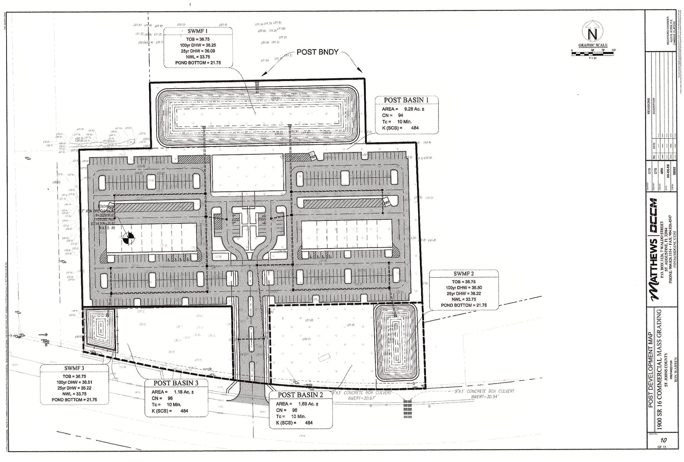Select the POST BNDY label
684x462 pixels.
click(x=317, y=52)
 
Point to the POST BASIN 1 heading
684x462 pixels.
click(x=406, y=100)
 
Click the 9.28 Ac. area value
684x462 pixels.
click(x=414, y=109)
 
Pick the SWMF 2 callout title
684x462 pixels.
click(x=464, y=274)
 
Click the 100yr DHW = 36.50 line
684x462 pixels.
click(x=464, y=288)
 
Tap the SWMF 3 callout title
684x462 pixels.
click(x=74, y=368)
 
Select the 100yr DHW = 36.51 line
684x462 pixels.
click(x=74, y=382)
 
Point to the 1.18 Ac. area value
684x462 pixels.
click(x=184, y=392)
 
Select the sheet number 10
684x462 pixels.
click(x=663, y=441)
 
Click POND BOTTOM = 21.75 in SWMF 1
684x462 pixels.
click(x=198, y=63)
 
